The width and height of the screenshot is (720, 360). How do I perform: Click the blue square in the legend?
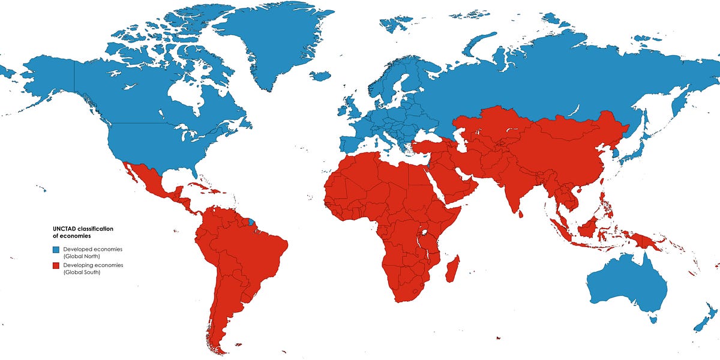(55, 250)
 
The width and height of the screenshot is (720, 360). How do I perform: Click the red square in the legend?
(55, 266)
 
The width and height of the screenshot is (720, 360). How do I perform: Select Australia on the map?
(627, 288)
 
